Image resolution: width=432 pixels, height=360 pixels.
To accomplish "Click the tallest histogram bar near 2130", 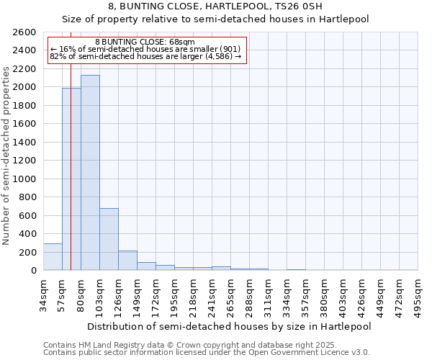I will pos(90,173).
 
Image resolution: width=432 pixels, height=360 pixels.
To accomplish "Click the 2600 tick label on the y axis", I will pos(24,32).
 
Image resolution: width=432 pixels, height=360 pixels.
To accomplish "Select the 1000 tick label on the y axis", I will pos(24,179).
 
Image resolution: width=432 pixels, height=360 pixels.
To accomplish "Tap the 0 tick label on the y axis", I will pos(33,271).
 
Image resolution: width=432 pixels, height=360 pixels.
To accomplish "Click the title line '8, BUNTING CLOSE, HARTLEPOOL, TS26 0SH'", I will pos(215,7).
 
